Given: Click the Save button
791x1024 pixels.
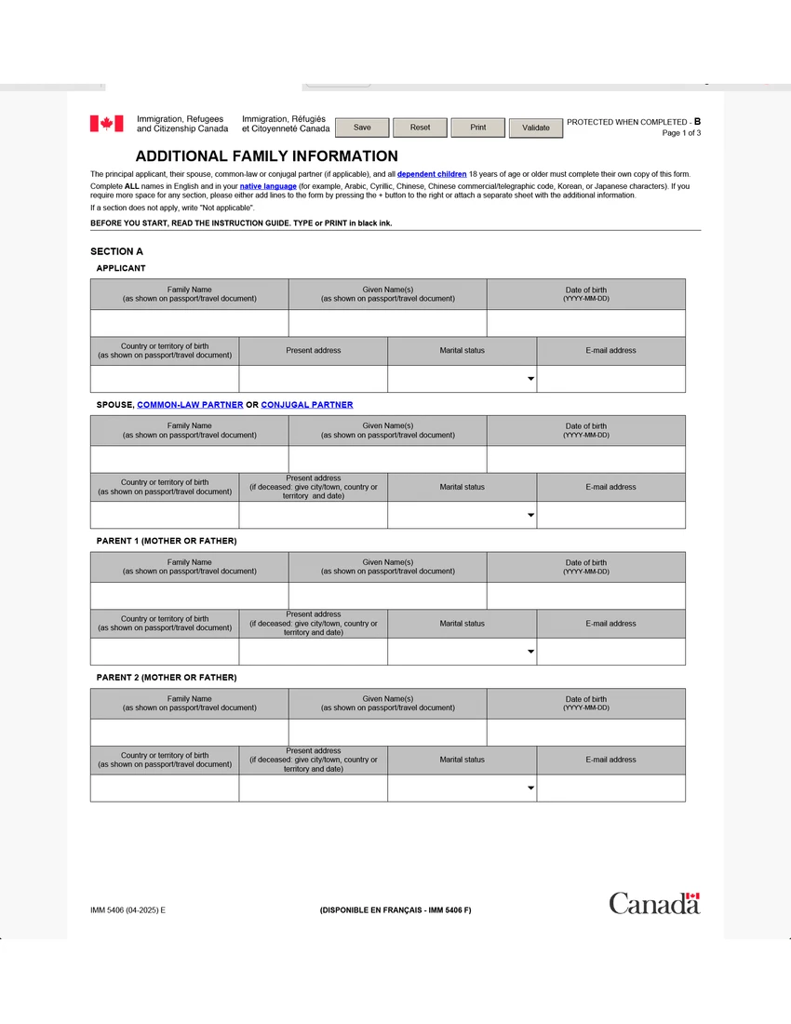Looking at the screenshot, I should click(362, 128).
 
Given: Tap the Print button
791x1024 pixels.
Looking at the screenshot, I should click(477, 128).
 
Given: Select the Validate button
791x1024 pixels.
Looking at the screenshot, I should click(536, 128).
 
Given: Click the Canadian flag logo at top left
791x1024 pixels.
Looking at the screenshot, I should click(106, 124).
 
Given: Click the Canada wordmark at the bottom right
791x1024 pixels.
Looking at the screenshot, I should click(654, 903).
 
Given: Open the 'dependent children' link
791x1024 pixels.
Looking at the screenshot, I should click(432, 174).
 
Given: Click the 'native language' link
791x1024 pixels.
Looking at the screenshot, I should click(268, 186).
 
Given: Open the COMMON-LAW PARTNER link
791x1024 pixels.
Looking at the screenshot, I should click(190, 405).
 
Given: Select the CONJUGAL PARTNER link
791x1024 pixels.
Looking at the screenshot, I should click(307, 405).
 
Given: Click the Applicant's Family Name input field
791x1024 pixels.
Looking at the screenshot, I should click(189, 323).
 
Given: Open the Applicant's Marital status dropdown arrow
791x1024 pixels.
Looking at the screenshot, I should click(530, 379).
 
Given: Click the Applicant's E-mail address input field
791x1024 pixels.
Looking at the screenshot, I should click(610, 379).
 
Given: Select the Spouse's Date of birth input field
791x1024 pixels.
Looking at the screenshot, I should click(585, 459).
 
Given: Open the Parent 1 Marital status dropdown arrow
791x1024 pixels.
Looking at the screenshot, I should click(530, 652).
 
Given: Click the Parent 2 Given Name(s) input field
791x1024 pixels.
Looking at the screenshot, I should click(387, 733).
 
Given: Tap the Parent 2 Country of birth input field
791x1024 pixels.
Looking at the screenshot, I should click(164, 788).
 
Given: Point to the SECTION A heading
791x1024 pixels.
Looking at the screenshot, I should click(116, 251).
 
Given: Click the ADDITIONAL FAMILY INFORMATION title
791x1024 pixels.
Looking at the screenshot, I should click(266, 156).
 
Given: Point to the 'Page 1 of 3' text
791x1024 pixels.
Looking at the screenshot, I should click(681, 133).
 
